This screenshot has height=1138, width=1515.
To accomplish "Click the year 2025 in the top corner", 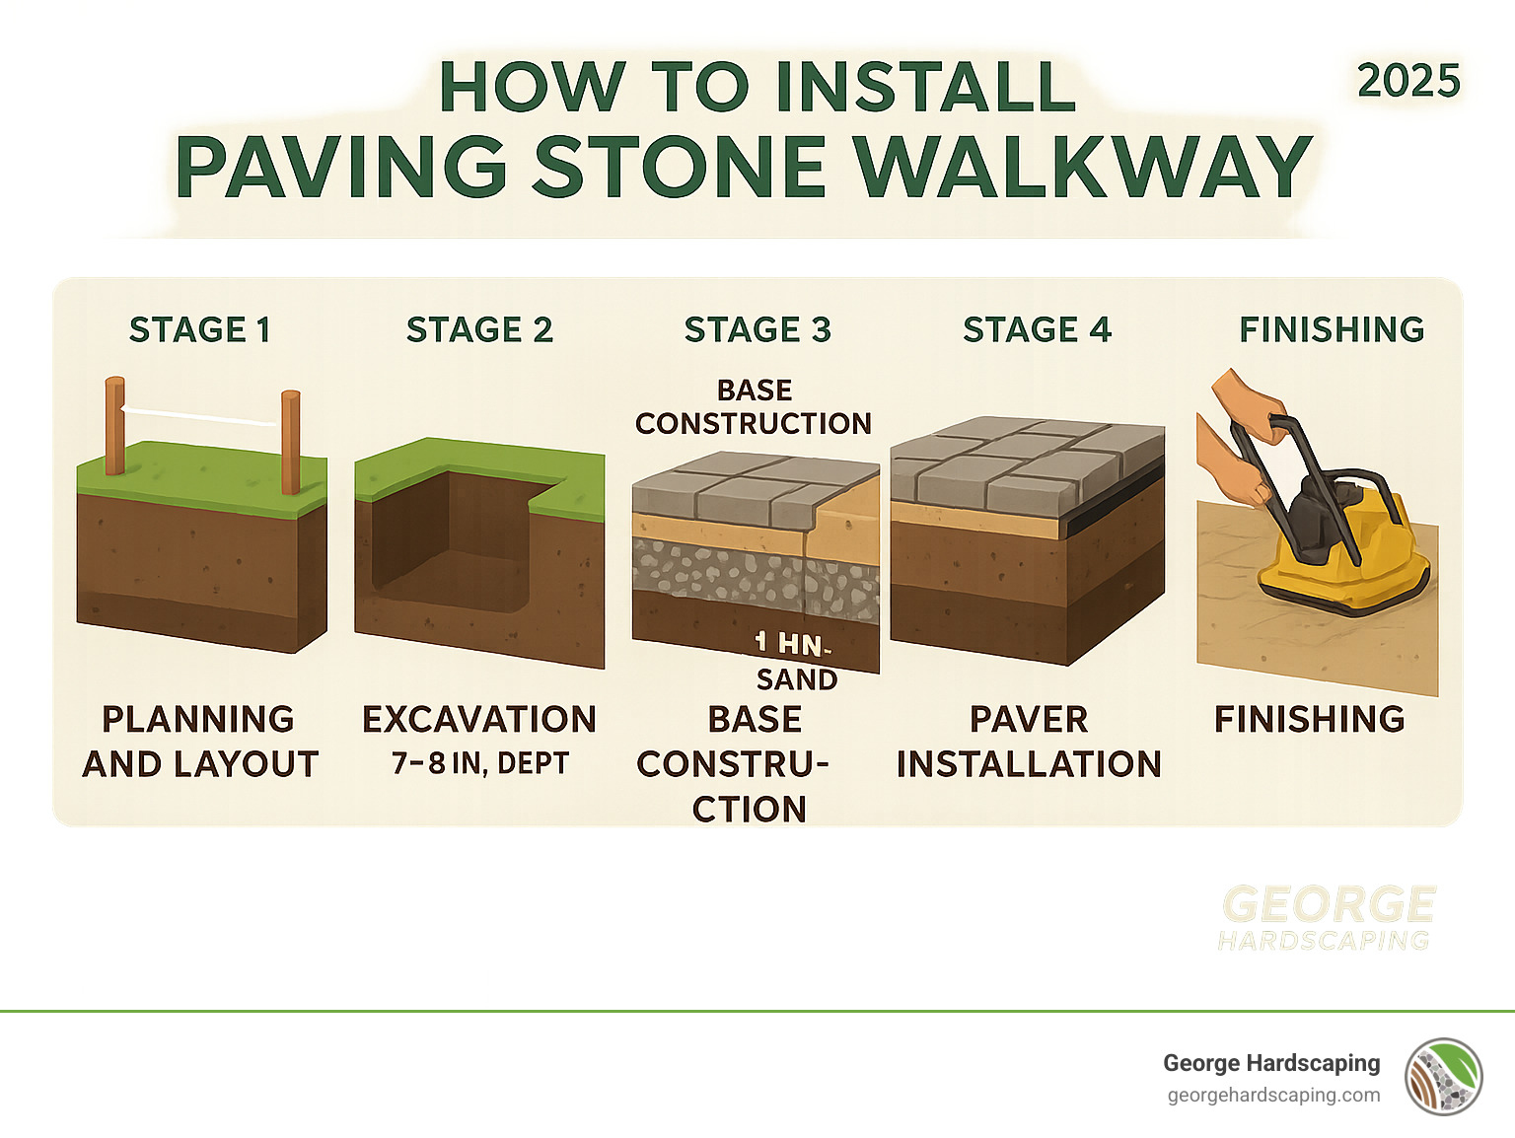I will click(1407, 81).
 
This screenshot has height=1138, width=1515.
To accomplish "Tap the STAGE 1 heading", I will click(199, 329).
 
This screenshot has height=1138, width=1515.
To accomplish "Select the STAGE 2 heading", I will click(479, 329).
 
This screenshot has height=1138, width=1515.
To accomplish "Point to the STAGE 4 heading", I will click(1037, 329).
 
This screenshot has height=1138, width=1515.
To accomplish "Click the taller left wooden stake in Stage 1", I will click(115, 426).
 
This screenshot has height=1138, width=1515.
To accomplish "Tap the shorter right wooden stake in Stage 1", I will click(290, 442).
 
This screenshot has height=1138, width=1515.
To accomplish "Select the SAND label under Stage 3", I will click(797, 679).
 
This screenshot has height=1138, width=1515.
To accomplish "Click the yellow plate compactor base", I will click(1341, 577).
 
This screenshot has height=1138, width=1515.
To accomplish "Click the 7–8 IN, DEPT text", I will click(479, 763).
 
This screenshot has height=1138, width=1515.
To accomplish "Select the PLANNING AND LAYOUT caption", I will click(199, 742).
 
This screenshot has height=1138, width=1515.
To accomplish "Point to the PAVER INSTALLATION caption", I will click(1029, 742).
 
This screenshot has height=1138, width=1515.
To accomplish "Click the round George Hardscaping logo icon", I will click(1444, 1077).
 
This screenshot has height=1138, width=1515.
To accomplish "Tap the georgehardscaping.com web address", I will click(1273, 1096).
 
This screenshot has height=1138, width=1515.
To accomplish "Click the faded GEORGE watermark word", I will click(1328, 904).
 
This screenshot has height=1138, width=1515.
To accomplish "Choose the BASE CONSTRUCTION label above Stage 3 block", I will click(754, 406).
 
